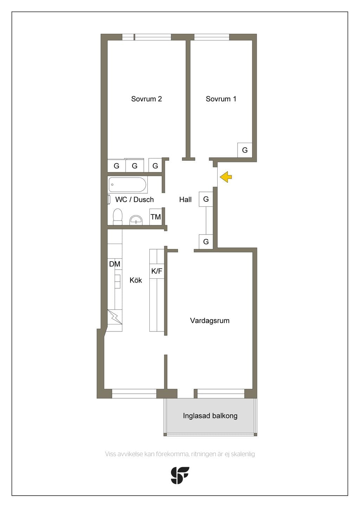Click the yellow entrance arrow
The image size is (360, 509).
click(225, 177)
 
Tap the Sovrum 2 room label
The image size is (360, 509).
click(146, 99)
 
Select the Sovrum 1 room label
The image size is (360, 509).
click(221, 99)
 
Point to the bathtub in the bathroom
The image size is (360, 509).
click(127, 185)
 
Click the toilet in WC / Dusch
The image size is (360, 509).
click(117, 217)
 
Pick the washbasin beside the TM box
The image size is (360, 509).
click(136, 220)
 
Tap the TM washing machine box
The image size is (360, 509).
click(156, 217)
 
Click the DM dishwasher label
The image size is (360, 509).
click(115, 264)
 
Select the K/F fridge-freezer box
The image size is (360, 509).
click(157, 271)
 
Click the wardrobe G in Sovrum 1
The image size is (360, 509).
click(245, 150)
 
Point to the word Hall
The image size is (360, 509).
click(185, 200)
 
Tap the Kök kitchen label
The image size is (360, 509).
click(136, 280)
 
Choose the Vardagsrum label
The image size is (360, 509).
click(210, 321)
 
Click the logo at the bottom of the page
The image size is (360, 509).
click(180, 475)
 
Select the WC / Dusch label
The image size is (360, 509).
click(134, 200)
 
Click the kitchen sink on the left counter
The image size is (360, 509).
click(118, 281)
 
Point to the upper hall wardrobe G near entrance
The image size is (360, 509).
click(206, 199)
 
